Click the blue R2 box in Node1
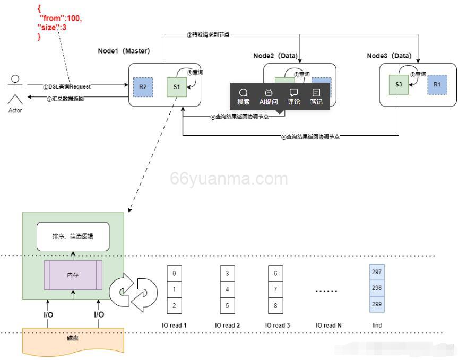(x=143, y=87)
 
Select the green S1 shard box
(x=176, y=87)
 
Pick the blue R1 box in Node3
(x=437, y=84)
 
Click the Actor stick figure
(x=15, y=90)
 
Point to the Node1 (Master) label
(x=124, y=51)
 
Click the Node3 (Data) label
(x=389, y=56)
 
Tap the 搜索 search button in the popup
(x=244, y=96)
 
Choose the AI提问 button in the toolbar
(x=268, y=96)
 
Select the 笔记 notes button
(x=316, y=96)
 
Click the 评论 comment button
(x=293, y=96)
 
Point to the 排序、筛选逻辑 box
(x=73, y=236)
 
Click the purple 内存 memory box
(x=73, y=275)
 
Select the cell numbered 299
(x=377, y=304)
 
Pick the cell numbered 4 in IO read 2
(x=227, y=289)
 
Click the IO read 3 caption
(x=277, y=325)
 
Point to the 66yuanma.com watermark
(x=229, y=179)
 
